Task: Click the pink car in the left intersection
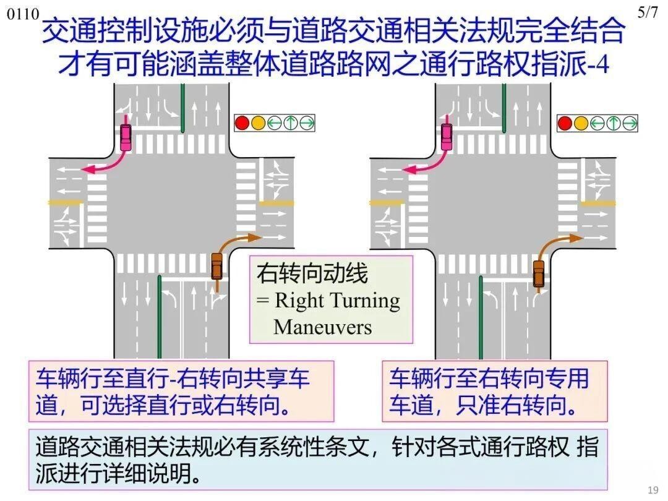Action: (x=126, y=137)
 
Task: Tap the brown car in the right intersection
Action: (x=539, y=273)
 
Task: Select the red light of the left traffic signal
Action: (x=242, y=123)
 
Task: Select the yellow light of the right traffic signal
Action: (x=581, y=123)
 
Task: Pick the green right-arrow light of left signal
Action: (x=306, y=123)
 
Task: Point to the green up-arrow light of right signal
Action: (x=613, y=123)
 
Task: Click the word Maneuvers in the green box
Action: (x=322, y=327)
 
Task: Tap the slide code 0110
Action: (x=23, y=14)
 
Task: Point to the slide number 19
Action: (x=653, y=490)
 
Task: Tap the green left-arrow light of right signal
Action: (x=597, y=123)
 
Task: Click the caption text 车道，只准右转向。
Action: (x=483, y=405)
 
